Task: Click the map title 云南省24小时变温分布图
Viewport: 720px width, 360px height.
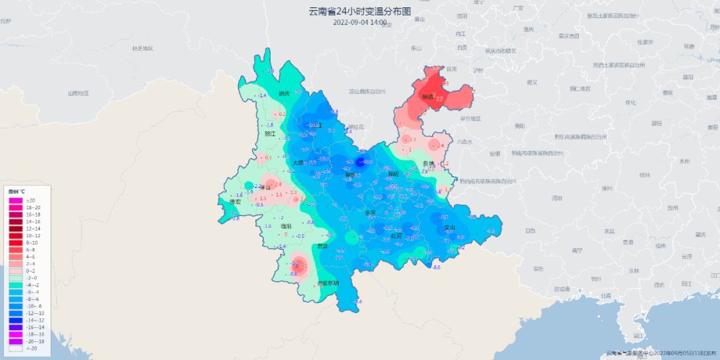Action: coord(359,11)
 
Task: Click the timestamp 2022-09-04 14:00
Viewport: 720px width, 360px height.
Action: coord(359,22)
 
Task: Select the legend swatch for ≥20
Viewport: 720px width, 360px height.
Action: coord(15,200)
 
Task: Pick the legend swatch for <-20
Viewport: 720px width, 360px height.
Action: coord(15,348)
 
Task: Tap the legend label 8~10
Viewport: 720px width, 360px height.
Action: coord(33,243)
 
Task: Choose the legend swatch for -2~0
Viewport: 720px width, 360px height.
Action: coord(15,278)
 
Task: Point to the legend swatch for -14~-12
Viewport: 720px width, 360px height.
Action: coord(15,320)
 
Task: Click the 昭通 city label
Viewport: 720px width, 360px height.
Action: coord(427,97)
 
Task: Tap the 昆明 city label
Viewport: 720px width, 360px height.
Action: coord(393,174)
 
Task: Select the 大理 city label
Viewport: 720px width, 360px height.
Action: coord(298,163)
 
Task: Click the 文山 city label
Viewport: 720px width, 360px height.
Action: coord(449,228)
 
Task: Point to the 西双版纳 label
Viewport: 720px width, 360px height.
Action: coord(327,283)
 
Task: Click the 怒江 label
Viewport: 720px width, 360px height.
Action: coord(270,133)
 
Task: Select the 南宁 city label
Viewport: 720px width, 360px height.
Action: coord(577,251)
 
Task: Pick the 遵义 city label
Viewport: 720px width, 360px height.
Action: coord(531,83)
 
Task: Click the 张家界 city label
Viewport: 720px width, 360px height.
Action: coord(644,42)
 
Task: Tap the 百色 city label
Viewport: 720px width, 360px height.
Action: coord(530,231)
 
